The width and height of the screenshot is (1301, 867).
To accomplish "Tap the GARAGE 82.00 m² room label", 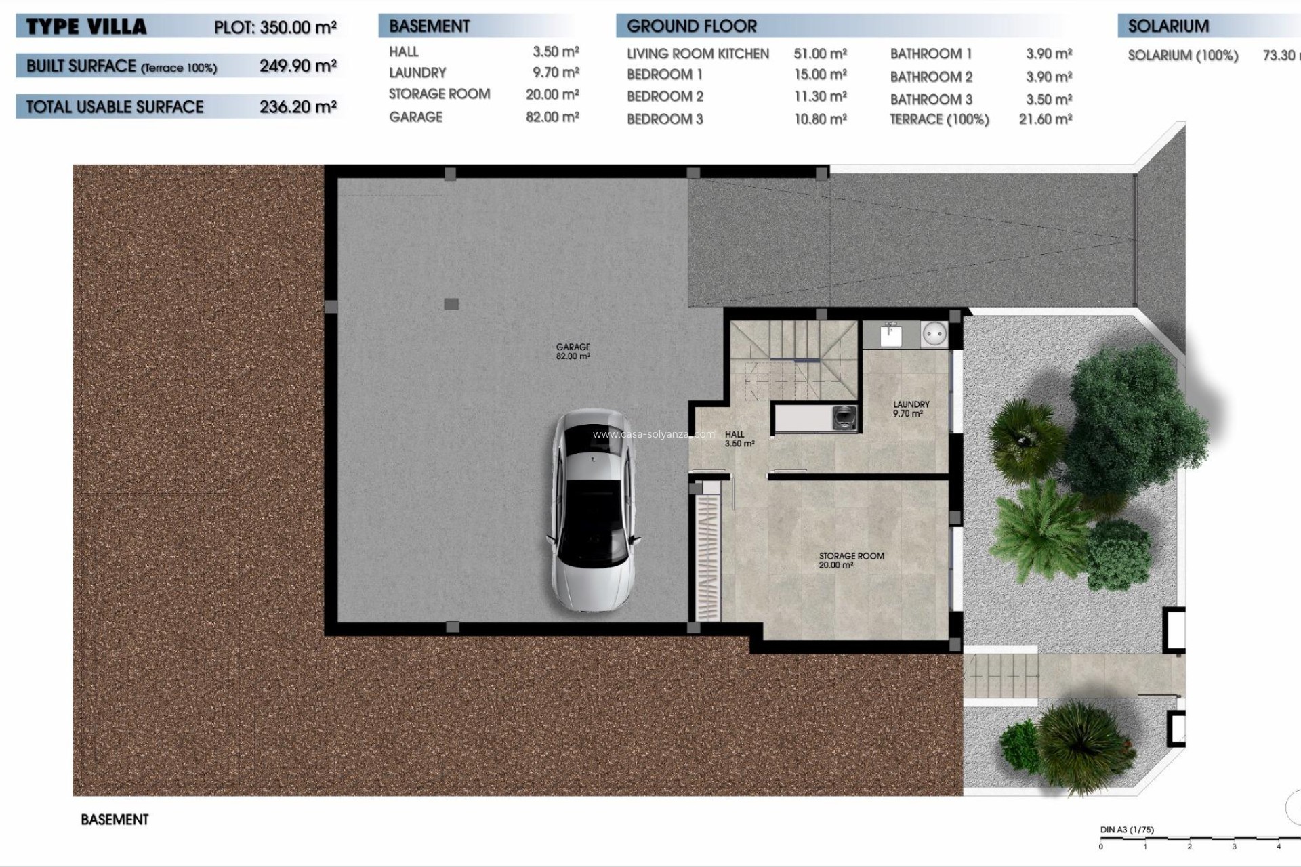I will point(573,351).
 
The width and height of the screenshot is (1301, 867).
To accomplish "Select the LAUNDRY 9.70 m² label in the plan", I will point(911,408).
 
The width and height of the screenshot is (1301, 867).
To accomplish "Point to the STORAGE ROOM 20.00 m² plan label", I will point(851,559).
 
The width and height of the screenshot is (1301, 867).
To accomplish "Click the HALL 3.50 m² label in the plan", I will point(739,439).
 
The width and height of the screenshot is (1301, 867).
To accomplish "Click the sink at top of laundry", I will point(890,334).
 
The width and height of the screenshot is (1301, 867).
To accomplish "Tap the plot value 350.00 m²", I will point(298,27).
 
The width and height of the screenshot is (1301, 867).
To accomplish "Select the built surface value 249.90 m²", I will point(298,66).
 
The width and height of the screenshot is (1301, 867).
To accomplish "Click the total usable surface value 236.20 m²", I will point(298,106).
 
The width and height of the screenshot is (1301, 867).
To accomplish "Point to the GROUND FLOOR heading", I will point(691,26).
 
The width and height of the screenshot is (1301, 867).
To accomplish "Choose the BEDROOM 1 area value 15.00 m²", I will point(820,75).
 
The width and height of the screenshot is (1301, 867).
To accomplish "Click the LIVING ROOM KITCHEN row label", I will point(697,54).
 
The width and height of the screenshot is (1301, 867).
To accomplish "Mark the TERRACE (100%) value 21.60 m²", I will point(1045,119).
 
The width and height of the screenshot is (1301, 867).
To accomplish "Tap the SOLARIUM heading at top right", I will point(1168,26).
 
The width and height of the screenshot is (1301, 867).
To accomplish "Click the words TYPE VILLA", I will point(86,27).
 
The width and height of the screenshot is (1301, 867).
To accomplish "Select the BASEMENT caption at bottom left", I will point(115,820).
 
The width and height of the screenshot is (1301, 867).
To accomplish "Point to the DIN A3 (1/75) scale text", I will point(1127,830).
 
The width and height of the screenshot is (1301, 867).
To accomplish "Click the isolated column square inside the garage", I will point(451,304).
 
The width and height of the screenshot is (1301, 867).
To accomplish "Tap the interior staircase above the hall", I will point(793,359).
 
